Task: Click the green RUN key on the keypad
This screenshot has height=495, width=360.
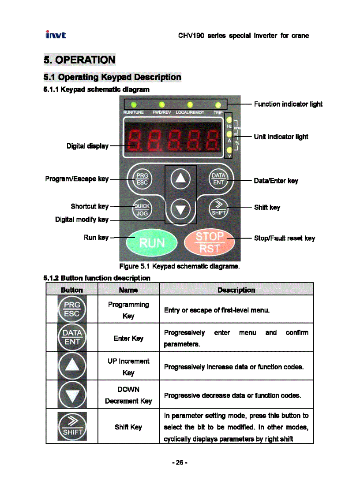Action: coord(151,242)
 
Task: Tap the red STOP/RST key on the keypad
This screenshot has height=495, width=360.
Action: coord(210,242)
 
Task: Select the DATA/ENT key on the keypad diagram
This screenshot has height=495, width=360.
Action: coord(218,178)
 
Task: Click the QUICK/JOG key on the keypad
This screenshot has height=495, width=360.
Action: coord(142,209)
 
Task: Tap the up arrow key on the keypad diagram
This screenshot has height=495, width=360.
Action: coord(180,178)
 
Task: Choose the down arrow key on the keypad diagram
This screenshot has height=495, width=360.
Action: coord(180,209)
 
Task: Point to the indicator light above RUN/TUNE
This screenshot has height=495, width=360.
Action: coord(133,104)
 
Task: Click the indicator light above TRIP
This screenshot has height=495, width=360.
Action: coord(218,104)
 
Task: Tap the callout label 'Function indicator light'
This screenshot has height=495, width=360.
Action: coord(288,104)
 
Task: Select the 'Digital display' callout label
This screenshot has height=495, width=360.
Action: coord(87,146)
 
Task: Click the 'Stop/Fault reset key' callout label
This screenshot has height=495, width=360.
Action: coord(285,238)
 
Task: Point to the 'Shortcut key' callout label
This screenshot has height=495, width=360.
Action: coord(90,206)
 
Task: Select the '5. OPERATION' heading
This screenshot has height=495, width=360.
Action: coord(79,60)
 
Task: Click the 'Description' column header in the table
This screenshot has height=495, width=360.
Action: coord(236,290)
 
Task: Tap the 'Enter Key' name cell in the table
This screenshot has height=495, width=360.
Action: coord(128,338)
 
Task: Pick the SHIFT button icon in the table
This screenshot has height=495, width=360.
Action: coord(72,426)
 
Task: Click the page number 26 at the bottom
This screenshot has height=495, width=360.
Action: coord(180,462)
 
